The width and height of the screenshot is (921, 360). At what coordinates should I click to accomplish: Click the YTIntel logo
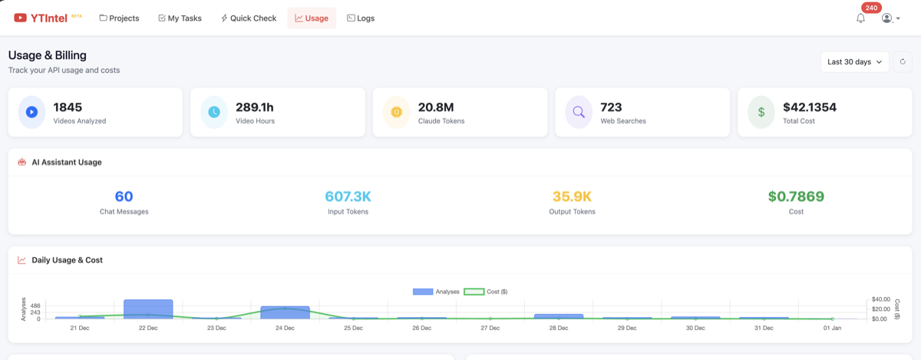[x=41, y=18]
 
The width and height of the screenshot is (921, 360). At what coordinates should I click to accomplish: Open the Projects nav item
[x=119, y=18]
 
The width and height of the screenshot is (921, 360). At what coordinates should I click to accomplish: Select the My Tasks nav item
[x=180, y=18]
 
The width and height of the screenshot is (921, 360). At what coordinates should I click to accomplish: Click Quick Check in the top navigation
[x=248, y=18]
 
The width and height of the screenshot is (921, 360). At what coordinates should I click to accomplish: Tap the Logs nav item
[x=361, y=18]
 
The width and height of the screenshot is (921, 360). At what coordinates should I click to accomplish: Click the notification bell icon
[x=860, y=18]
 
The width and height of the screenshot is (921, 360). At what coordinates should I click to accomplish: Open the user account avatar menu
[x=890, y=18]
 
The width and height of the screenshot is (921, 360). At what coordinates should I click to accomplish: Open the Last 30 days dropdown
[x=854, y=62]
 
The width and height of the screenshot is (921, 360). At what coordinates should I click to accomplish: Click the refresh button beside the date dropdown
[x=903, y=62]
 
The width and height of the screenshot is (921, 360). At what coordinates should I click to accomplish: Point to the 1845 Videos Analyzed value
[x=68, y=107]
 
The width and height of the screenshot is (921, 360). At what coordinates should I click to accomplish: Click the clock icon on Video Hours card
[x=214, y=112]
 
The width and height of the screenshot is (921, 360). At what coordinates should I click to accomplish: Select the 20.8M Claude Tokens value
[x=435, y=107]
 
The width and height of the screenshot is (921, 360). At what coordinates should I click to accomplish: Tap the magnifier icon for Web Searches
[x=579, y=112]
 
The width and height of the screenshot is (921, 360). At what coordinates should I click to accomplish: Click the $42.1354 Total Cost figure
[x=809, y=107]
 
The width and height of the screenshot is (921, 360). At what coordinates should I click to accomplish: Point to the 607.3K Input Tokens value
[x=348, y=197]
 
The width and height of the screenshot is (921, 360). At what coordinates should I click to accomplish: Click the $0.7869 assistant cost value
[x=796, y=197]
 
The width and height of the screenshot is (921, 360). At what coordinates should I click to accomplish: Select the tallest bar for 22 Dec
[x=148, y=309]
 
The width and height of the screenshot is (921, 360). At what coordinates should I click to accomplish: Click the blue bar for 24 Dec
[x=285, y=313]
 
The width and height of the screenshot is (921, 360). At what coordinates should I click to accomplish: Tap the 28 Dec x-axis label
[x=558, y=328]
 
